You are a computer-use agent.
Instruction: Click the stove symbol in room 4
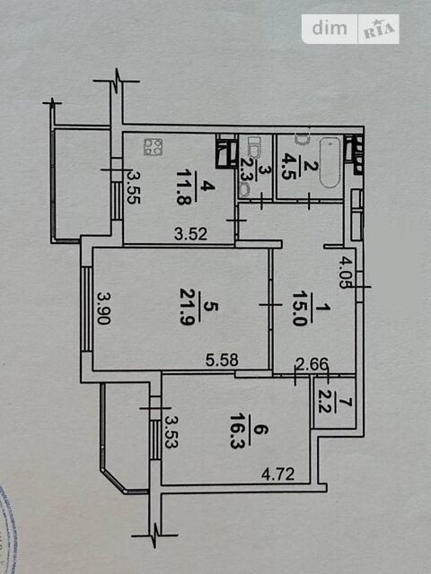153,147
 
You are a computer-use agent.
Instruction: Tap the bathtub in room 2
330,162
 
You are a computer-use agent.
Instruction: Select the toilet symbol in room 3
253,144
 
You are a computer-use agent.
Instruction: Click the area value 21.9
187,307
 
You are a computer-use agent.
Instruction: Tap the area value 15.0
300,309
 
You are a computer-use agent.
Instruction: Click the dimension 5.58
222,360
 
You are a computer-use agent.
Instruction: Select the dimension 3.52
190,234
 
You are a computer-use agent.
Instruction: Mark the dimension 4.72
277,474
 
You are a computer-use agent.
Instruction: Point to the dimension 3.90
104,308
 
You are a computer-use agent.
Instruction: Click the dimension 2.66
312,364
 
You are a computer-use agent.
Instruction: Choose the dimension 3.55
134,187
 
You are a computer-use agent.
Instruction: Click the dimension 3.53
171,431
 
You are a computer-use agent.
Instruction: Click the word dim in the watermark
330,28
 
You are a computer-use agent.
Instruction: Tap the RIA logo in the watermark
379,30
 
